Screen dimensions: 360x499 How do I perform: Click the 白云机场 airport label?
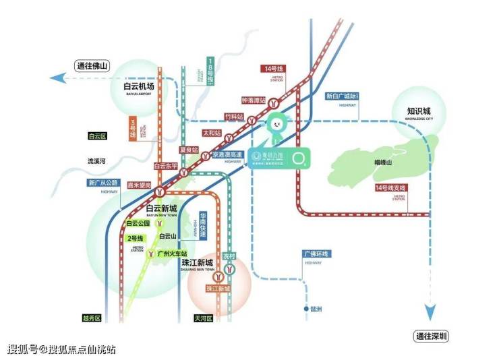coord(139,87)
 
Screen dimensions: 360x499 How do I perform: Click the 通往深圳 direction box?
coord(432,336)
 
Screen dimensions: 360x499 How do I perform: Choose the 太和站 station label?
coord(212,133)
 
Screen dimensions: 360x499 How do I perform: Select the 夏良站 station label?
coord(190,149)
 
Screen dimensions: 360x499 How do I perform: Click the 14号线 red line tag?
coord(274,68)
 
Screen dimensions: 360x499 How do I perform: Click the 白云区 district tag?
coord(98,136)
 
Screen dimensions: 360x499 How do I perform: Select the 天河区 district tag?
coord(203,318)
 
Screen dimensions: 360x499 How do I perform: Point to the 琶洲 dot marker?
coord(305,310)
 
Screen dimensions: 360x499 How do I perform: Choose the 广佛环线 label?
coord(316,253)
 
